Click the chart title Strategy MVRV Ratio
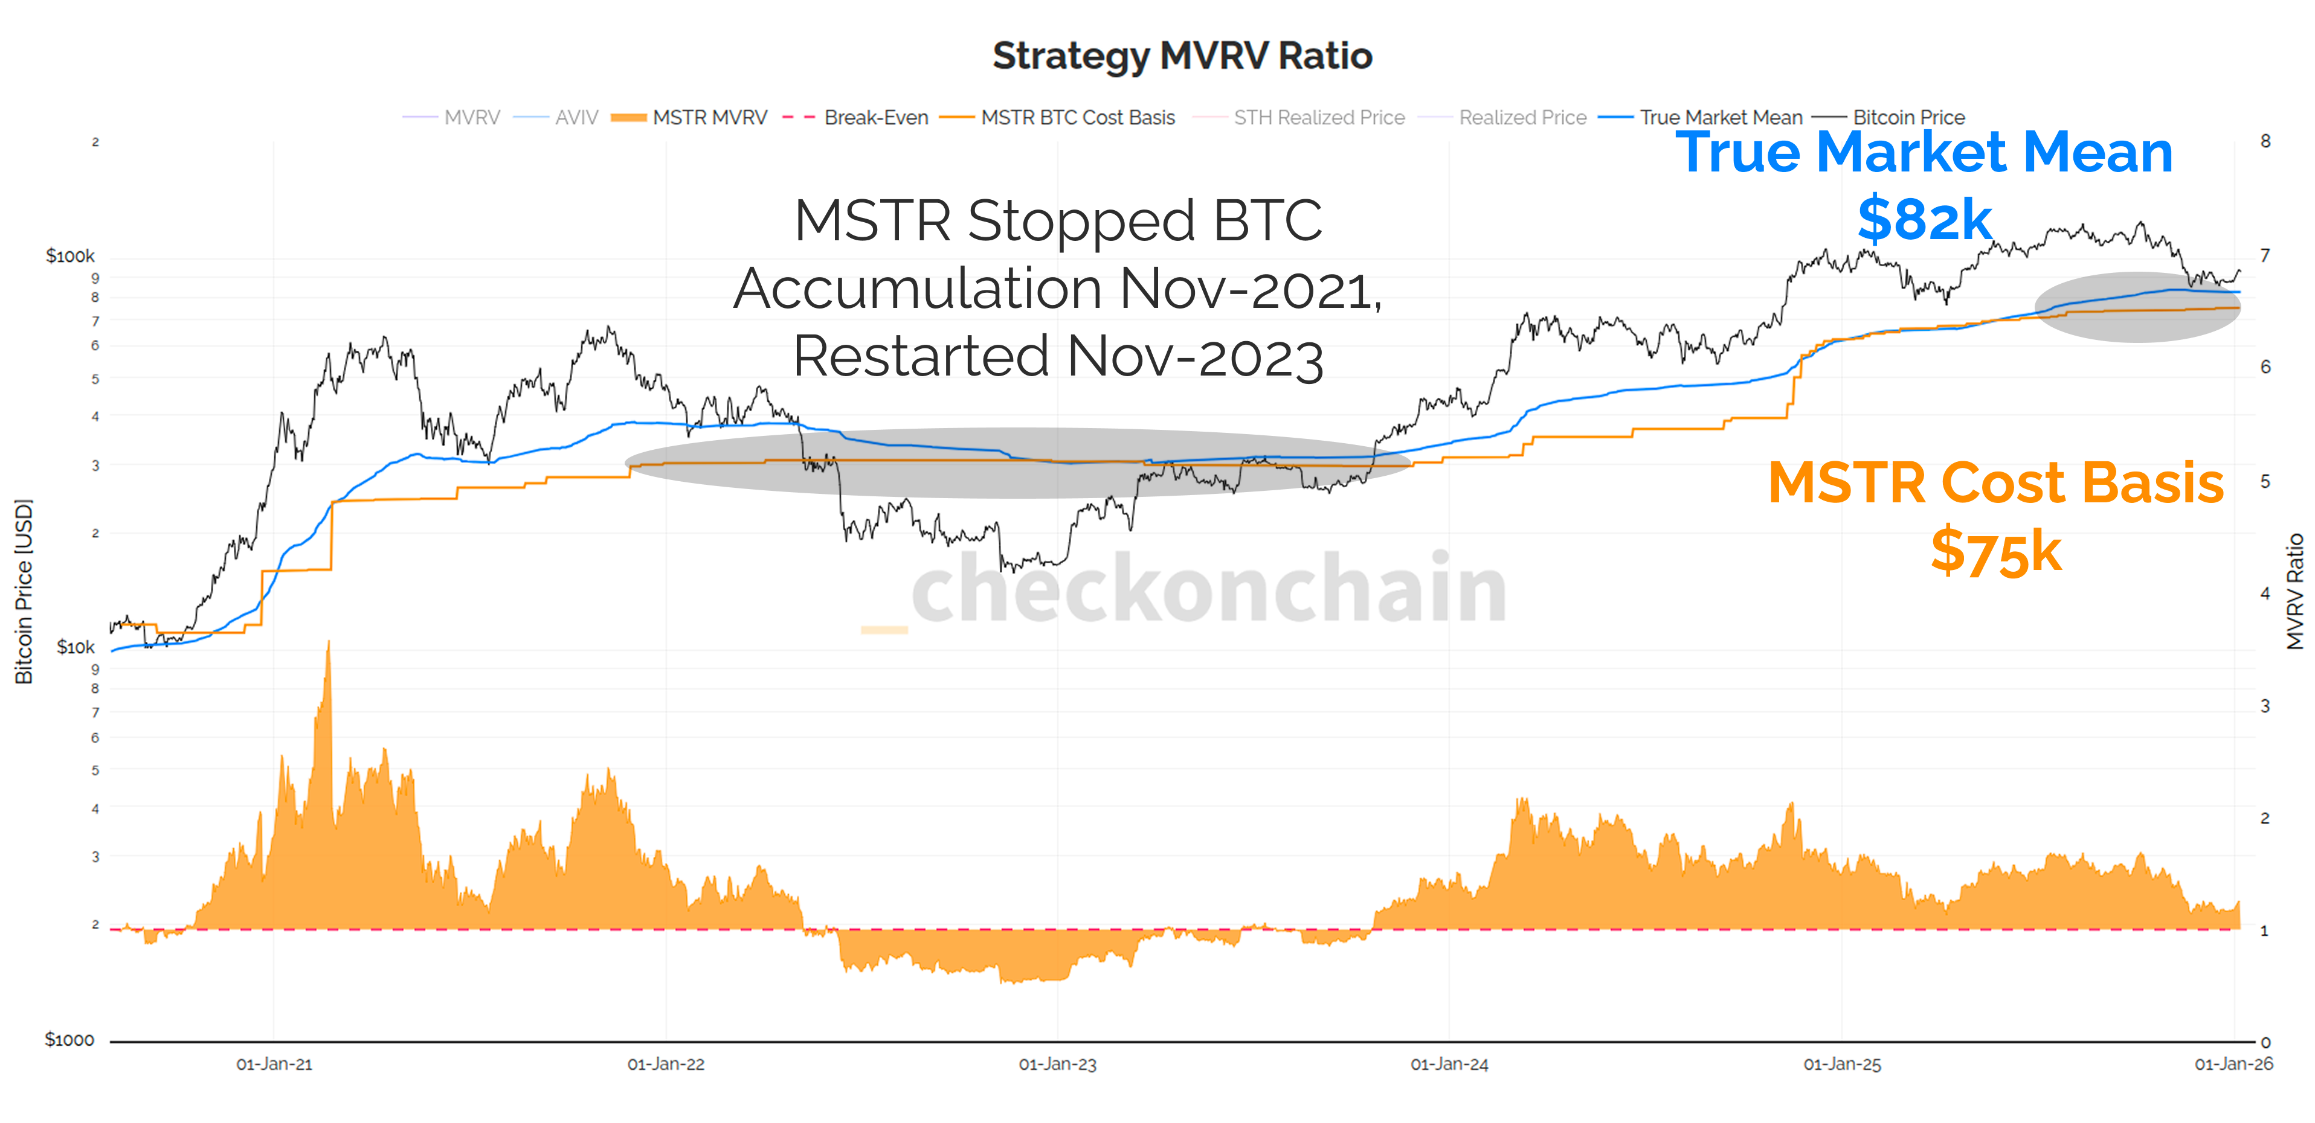pyautogui.click(x=1182, y=56)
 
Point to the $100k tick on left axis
pyautogui.click(x=70, y=256)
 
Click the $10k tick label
pyautogui.click(x=76, y=647)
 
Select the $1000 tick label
pyautogui.click(x=69, y=1040)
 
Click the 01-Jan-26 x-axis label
pyautogui.click(x=2233, y=1064)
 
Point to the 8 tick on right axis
pyautogui.click(x=2265, y=141)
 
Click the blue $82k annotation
pyautogui.click(x=1924, y=219)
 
